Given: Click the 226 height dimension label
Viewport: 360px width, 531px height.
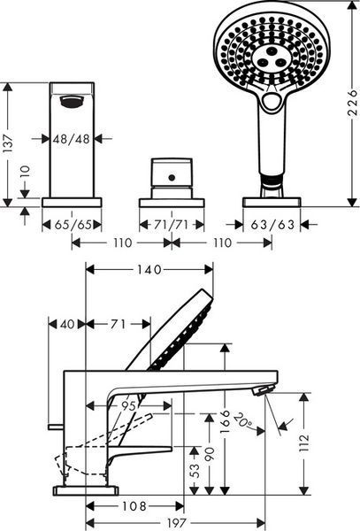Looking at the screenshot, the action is point(352,103).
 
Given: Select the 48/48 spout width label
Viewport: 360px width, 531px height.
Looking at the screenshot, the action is point(72,138).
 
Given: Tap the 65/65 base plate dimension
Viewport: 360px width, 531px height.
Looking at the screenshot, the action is point(73,224).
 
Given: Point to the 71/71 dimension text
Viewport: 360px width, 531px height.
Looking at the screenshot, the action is point(171,224).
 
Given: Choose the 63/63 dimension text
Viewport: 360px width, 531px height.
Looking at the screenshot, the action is point(272,224).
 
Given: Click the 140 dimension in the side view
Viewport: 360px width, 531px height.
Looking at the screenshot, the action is point(149,270).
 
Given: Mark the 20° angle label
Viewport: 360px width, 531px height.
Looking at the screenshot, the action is point(244,419).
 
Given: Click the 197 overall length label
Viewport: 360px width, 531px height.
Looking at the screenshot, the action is point(177,522).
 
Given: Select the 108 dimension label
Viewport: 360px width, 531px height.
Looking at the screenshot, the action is point(134,506).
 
